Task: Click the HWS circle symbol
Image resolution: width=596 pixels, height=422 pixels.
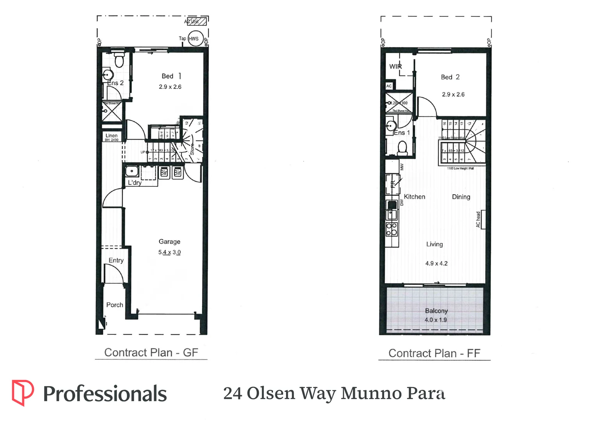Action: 195,39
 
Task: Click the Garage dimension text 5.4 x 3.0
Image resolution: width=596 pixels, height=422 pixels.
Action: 169,252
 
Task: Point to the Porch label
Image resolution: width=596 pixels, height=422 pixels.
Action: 115,305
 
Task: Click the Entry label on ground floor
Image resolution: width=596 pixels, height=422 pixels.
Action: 116,260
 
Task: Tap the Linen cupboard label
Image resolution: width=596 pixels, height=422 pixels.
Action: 112,136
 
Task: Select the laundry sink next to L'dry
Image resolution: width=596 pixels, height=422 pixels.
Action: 132,171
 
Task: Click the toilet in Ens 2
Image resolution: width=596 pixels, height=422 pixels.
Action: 119,61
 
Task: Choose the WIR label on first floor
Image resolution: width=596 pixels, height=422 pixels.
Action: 395,66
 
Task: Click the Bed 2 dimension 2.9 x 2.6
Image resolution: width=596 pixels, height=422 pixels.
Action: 453,95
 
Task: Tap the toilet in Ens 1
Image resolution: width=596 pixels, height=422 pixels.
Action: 402,148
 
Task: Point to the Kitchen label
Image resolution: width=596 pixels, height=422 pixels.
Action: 414,197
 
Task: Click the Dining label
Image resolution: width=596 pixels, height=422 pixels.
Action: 461,197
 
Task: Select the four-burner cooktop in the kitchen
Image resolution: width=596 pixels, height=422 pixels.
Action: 392,229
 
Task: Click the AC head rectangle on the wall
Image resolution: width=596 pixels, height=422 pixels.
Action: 483,220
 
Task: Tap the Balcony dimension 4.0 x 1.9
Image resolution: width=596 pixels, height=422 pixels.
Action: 436,320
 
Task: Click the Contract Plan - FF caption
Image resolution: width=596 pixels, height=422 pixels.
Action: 434,353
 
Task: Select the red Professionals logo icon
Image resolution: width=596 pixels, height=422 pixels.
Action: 22,392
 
